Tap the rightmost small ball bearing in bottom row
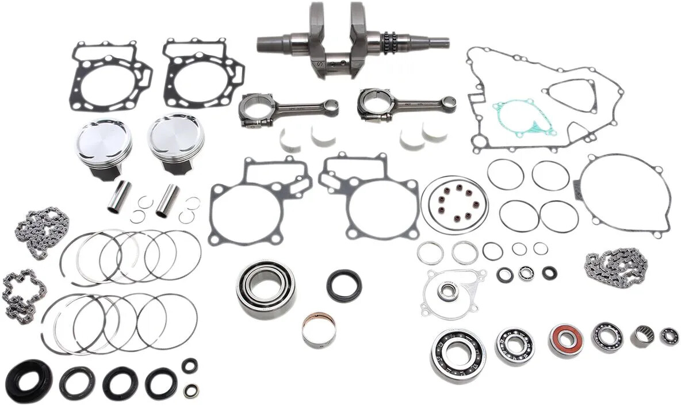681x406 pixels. click(668, 336)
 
